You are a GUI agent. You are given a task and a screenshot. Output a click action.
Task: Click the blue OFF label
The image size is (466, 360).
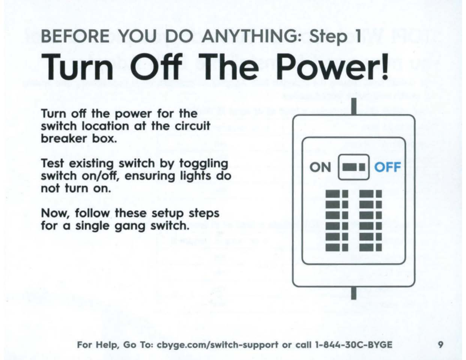(387, 167)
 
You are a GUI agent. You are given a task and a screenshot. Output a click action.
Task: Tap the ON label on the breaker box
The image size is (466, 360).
(320, 167)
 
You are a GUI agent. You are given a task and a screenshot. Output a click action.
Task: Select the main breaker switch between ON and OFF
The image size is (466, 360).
(354, 167)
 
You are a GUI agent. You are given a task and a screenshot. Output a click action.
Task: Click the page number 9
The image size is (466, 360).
(440, 345)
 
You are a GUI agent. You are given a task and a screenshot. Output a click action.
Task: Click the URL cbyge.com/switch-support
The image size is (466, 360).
(217, 345)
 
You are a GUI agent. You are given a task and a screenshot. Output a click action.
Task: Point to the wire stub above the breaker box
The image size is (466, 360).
(354, 106)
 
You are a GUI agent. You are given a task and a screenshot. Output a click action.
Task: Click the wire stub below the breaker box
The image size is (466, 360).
(354, 293)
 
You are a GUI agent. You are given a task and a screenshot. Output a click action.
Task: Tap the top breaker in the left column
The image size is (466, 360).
(337, 194)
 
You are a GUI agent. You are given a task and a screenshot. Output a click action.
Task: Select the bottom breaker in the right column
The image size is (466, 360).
(371, 247)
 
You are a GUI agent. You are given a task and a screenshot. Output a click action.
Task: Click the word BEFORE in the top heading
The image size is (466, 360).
(75, 36)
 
